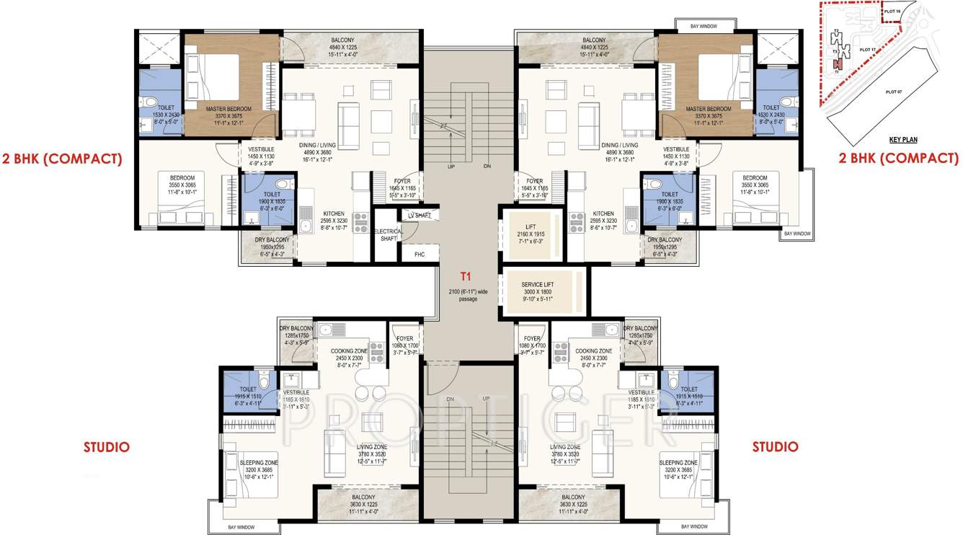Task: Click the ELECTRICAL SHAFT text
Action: click(388, 235)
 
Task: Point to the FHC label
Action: click(420, 254)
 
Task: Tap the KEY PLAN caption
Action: click(903, 140)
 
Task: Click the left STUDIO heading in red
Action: click(107, 447)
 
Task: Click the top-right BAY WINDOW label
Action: click(703, 27)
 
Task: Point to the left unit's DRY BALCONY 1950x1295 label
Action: click(272, 239)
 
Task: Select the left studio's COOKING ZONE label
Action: click(350, 351)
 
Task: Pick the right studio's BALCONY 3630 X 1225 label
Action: click(573, 497)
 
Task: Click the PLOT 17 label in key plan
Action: click(866, 50)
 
